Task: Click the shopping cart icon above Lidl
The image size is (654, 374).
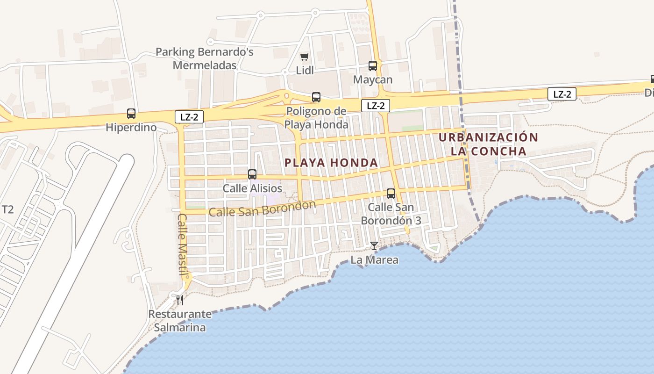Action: (305, 57)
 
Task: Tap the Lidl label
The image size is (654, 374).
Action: (305, 71)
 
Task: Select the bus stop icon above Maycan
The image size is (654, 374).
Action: (373, 66)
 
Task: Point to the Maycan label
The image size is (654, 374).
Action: (373, 79)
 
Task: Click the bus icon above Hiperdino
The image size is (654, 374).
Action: (131, 114)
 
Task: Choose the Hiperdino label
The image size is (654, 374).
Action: (131, 127)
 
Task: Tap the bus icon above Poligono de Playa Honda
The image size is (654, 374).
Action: (316, 97)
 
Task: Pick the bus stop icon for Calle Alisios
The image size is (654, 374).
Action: (252, 174)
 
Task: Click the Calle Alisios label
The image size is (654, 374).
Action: (252, 188)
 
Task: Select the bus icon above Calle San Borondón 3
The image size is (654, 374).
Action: (391, 193)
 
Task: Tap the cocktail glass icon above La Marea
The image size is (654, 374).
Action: (374, 246)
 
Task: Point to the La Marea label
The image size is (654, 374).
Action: (374, 259)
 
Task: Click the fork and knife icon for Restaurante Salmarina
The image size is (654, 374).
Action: (180, 299)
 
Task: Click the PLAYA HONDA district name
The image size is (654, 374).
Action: (331, 163)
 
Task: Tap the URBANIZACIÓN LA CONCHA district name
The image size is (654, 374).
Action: (489, 144)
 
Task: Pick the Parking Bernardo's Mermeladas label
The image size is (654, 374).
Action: (205, 58)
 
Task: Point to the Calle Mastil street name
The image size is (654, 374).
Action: (183, 244)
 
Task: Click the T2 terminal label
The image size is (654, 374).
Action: (8, 209)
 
